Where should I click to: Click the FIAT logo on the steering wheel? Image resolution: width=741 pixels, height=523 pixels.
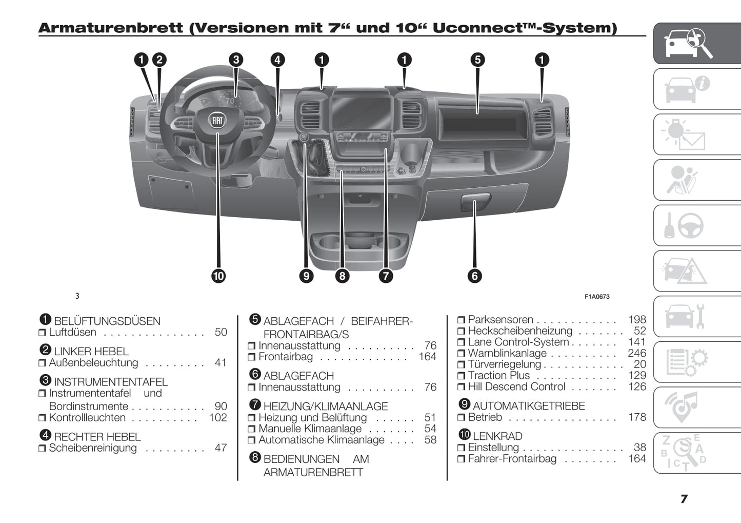[217, 120]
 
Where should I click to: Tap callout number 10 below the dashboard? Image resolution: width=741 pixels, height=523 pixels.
[218, 276]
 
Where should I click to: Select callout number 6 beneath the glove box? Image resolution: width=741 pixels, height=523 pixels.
[474, 276]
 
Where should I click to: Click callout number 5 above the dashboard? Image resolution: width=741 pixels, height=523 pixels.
[477, 60]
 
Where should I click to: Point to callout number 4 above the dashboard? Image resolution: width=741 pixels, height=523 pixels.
[277, 60]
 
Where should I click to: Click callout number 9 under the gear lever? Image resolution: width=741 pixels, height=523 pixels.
[306, 276]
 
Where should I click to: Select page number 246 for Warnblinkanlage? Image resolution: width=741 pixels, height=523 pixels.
[637, 353]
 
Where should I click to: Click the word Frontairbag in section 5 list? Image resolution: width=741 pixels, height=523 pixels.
[285, 357]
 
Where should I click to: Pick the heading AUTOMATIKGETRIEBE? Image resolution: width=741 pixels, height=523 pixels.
[528, 406]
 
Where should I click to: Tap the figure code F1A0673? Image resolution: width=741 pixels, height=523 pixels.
[597, 297]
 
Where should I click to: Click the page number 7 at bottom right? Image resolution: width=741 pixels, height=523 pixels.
[684, 499]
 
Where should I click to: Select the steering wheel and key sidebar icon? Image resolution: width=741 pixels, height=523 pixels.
[685, 226]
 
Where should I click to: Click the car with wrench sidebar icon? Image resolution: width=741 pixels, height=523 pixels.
[685, 316]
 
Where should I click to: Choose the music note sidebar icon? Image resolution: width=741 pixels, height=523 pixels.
[685, 406]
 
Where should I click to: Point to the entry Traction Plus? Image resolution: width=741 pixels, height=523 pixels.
[498, 376]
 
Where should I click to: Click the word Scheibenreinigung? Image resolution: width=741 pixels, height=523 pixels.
[93, 448]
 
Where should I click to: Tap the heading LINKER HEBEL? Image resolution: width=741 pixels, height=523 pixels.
[91, 352]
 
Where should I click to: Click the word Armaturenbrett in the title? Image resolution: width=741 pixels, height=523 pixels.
[111, 28]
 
